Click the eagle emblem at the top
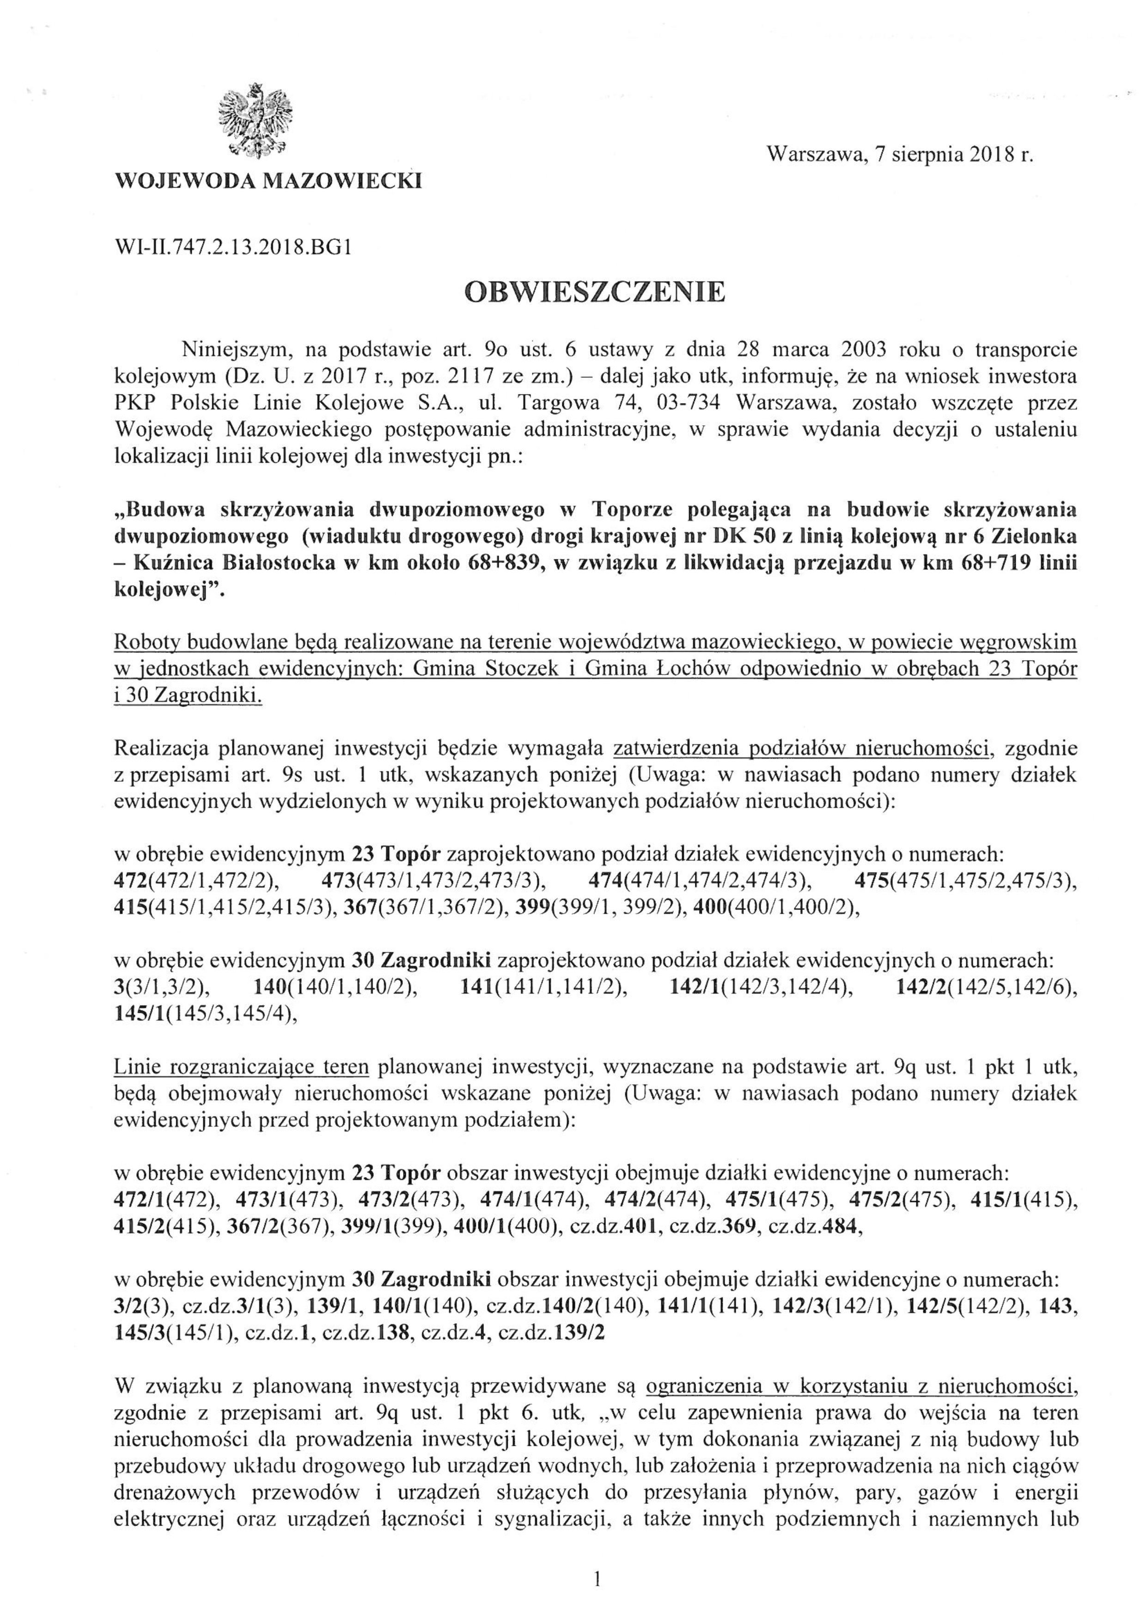click(x=256, y=120)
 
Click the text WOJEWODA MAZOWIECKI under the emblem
click(x=268, y=181)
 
